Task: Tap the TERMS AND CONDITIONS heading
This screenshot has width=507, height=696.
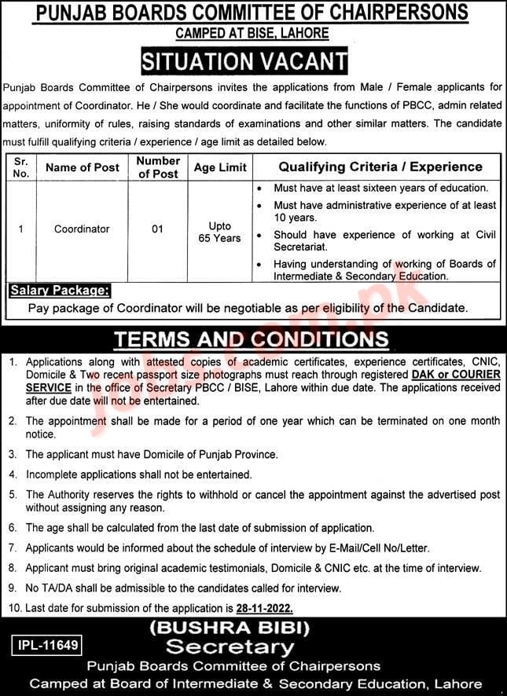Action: [x=252, y=339]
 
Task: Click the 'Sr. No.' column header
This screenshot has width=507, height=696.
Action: [x=21, y=167]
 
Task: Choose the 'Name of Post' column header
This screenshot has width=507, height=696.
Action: [x=83, y=167]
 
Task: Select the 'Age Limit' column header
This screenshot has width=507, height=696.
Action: [x=220, y=167]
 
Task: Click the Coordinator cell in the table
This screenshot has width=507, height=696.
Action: [x=82, y=229]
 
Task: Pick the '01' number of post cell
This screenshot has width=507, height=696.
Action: [x=158, y=229]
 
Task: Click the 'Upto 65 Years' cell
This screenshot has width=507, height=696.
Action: [x=220, y=232]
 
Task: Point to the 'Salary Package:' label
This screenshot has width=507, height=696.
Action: [x=59, y=291]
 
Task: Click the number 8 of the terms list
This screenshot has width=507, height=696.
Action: [x=13, y=567]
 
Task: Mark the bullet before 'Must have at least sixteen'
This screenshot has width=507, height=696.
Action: [x=260, y=189]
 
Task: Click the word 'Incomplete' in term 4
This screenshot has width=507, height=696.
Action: [x=54, y=474]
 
